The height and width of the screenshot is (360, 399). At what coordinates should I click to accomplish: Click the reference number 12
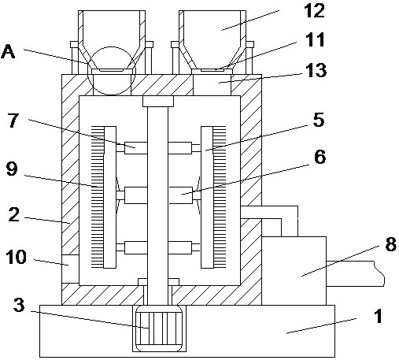click(x=314, y=12)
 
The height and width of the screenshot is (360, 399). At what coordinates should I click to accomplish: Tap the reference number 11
click(x=315, y=40)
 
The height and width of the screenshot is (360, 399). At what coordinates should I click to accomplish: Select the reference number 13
click(x=316, y=70)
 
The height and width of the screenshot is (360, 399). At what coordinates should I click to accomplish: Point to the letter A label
click(x=8, y=51)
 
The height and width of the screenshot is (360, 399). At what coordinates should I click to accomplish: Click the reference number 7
click(x=13, y=121)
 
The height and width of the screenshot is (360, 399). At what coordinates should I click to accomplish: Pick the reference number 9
click(x=12, y=169)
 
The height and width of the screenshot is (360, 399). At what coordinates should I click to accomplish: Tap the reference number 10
click(x=16, y=257)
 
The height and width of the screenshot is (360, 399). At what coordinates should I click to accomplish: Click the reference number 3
click(x=19, y=305)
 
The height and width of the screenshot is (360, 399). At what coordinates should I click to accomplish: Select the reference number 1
click(x=378, y=316)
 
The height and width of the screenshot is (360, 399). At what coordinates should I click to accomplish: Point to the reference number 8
click(x=390, y=244)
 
